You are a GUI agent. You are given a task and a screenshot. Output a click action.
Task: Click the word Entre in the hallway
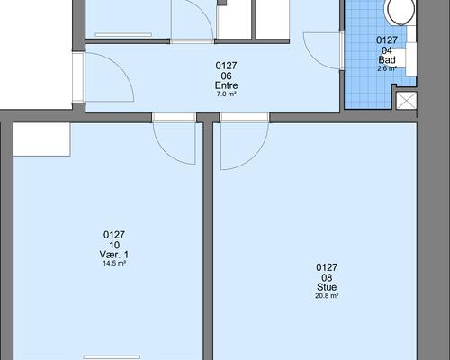(226, 85)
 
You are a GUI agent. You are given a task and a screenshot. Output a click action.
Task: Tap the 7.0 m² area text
(227, 94)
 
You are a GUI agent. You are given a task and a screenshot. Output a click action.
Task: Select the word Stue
(327, 287)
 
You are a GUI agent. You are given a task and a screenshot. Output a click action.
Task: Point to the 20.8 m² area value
(327, 296)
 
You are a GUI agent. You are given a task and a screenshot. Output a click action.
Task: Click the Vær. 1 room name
(114, 255)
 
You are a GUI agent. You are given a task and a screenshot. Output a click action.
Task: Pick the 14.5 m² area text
(114, 264)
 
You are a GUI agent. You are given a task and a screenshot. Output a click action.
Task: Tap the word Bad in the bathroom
(387, 60)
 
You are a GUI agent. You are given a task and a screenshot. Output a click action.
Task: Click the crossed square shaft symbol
(407, 101)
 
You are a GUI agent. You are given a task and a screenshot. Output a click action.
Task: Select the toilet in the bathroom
(401, 12)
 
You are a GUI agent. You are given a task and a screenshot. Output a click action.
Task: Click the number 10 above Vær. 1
(114, 245)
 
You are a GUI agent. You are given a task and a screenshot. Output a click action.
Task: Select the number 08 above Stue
(327, 277)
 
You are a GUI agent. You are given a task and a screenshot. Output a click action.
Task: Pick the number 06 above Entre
(226, 76)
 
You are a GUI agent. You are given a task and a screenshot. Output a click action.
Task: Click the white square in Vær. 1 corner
(41, 139)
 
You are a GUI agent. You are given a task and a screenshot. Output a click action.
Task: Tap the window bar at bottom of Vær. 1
(112, 357)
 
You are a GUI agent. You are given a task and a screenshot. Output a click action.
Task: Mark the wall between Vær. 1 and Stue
(208, 240)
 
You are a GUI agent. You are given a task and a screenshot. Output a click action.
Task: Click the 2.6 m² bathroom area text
(387, 68)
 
